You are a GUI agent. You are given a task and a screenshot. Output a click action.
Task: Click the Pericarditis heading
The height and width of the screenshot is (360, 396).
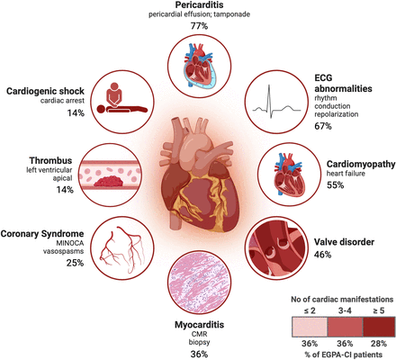(x=199, y=5)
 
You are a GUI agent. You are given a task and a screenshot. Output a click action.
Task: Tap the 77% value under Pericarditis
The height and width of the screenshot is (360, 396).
(x=199, y=26)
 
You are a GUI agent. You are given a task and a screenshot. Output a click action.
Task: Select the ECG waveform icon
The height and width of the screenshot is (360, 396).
(x=276, y=102)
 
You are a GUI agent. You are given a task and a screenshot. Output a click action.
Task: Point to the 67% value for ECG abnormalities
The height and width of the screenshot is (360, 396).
(x=323, y=126)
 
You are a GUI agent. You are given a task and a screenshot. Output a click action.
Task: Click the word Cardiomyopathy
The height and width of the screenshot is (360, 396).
(x=361, y=164)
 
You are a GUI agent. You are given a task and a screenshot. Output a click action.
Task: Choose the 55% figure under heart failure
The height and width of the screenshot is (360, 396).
(x=335, y=184)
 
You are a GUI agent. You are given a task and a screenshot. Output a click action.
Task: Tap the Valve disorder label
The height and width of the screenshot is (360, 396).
(x=344, y=242)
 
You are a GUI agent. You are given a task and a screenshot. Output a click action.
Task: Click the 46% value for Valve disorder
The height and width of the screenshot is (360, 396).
(x=322, y=255)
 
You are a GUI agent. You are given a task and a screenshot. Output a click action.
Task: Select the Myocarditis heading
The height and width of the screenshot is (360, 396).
(x=199, y=325)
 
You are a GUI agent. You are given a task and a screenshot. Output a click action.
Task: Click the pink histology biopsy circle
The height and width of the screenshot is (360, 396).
(x=200, y=283)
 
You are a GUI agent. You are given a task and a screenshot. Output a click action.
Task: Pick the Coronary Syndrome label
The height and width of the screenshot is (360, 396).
(x=42, y=234)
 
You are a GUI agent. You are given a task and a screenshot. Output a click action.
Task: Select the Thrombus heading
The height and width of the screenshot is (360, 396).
(x=50, y=160)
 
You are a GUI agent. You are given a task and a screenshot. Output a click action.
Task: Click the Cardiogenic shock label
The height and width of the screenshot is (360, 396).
(x=45, y=91)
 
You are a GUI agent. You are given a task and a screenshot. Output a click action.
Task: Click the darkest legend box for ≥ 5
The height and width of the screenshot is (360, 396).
(x=379, y=327)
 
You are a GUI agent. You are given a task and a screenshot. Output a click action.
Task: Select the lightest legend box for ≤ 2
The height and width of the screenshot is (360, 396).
(x=310, y=327)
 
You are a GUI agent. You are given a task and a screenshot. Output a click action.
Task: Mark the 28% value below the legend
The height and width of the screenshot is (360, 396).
(x=379, y=343)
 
